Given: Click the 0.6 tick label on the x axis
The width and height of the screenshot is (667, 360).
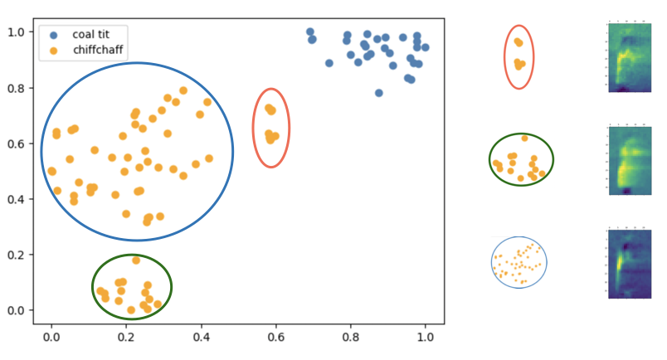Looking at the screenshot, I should point(275,338).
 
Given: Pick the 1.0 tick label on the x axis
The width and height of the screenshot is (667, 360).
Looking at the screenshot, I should point(426,338).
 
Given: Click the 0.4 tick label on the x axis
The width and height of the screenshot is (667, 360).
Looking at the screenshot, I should point(201,338).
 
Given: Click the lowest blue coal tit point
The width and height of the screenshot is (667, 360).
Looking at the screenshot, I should point(379,93).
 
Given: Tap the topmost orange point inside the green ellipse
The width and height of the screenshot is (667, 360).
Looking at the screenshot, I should point(136,260).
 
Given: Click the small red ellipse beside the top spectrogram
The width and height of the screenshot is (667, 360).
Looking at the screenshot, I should point(519,56).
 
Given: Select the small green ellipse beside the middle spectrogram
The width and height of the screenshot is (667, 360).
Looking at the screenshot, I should point(521,159).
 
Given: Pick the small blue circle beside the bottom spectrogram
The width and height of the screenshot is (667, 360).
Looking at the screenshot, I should point(519,262).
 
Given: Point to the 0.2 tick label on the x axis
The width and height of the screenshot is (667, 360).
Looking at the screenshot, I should point(126,338).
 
